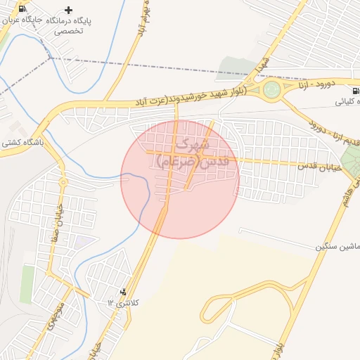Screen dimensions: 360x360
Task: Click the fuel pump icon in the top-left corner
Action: coord(22,9)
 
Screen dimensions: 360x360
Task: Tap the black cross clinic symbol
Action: coord(68,10)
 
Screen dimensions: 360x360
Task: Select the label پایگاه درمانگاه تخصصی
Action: coord(68,27)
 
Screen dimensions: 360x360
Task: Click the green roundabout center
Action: coord(272,89)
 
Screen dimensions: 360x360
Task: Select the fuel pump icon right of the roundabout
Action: coord(355,90)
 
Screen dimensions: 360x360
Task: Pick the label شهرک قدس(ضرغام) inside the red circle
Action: coord(182,154)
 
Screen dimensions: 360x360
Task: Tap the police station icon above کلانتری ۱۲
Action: coord(124,291)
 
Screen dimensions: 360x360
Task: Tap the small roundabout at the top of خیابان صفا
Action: coord(63,183)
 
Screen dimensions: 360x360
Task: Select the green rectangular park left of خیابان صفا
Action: coord(27,285)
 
